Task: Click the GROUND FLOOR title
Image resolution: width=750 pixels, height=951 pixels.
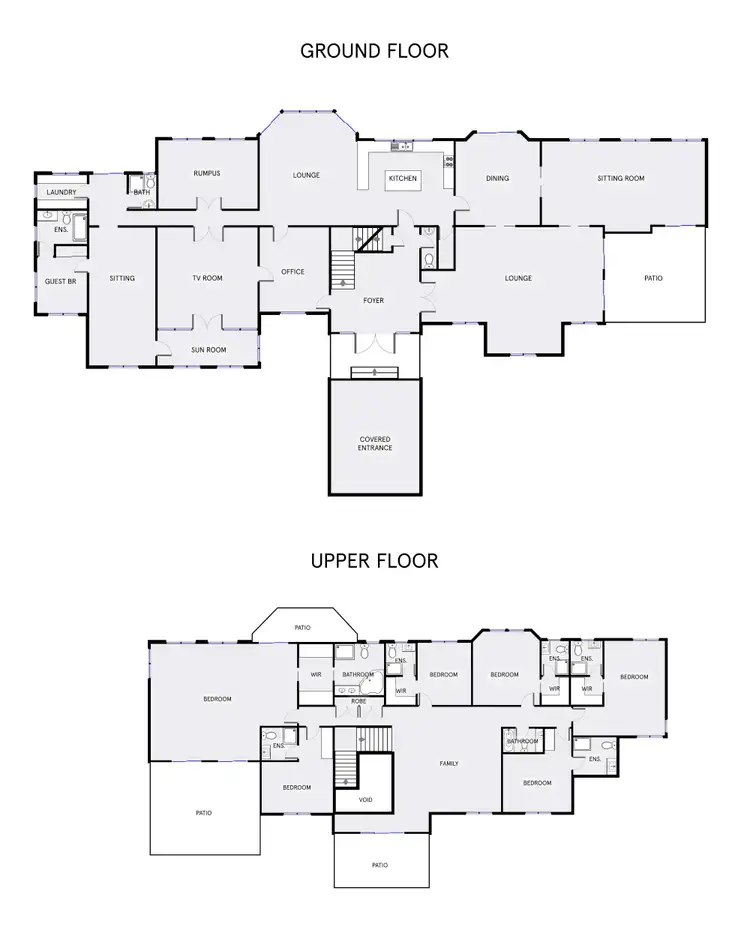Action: (374, 51)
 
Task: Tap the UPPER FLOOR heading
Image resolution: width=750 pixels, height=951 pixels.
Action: (374, 560)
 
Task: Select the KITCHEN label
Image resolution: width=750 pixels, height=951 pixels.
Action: (402, 179)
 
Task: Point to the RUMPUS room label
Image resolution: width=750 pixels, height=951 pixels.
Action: (206, 173)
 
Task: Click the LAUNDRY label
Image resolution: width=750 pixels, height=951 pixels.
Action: (61, 191)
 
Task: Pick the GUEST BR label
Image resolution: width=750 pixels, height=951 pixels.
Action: (60, 282)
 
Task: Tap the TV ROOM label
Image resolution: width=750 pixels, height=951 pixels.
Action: (206, 278)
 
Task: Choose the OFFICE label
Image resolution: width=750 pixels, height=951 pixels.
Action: (292, 272)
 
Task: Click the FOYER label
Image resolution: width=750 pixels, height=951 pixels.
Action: (373, 300)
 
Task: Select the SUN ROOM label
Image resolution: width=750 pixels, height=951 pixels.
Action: (208, 350)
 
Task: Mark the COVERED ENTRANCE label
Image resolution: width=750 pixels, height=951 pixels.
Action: (375, 443)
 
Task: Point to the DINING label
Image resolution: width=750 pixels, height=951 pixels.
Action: (497, 179)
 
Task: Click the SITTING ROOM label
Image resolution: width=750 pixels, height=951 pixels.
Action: (620, 179)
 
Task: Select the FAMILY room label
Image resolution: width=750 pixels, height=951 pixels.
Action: (449, 764)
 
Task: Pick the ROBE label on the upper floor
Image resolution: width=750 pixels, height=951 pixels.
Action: (357, 702)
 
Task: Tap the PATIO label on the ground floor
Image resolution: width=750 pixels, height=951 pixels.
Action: (653, 279)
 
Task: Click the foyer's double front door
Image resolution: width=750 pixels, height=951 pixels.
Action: (375, 341)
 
